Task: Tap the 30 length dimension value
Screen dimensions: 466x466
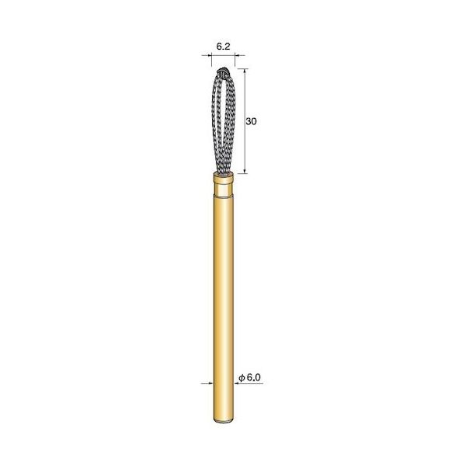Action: coord(252,122)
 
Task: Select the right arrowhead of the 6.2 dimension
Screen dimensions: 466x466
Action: coord(238,57)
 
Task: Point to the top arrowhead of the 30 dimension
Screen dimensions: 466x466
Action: coord(245,72)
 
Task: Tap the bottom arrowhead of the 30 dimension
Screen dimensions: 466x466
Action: coord(245,172)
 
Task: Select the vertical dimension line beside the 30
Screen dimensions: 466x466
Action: coord(245,148)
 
